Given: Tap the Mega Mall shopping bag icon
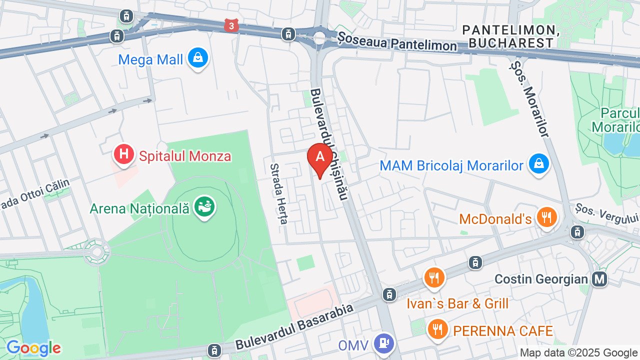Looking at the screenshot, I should click(x=198, y=58).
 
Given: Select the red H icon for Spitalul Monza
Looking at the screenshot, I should click(x=123, y=155).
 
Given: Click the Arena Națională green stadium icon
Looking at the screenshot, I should click(x=205, y=206).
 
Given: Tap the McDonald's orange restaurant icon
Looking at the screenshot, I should click(x=547, y=217).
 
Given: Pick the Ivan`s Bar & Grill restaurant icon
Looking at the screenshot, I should click(x=434, y=277).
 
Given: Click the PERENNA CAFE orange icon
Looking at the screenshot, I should click(x=438, y=329).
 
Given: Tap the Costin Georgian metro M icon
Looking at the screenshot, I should click(x=599, y=278).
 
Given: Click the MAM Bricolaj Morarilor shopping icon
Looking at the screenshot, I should click(x=539, y=164).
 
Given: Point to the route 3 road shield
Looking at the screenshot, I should click(x=231, y=25).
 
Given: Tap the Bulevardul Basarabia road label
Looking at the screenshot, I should click(x=294, y=326).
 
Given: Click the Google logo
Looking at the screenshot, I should click(x=33, y=348).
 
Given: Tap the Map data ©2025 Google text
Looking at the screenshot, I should click(x=579, y=352).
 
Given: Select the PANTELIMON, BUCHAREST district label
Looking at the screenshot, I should click(x=510, y=36).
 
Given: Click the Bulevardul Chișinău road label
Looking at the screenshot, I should click(x=328, y=144).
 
